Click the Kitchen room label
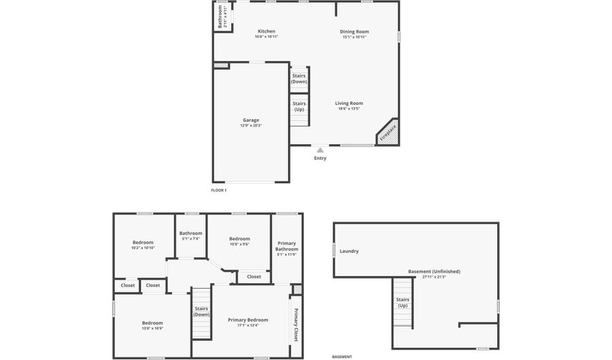tap(267, 31)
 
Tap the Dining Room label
tap(354, 31)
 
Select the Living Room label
tap(349, 103)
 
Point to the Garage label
tap(251, 120)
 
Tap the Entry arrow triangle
tap(320, 150)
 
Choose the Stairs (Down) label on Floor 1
tap(299, 79)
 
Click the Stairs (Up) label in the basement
tap(403, 302)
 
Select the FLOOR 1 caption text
tap(219, 191)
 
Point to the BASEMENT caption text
tap(342, 357)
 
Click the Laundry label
tap(349, 251)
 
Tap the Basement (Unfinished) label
tap(434, 272)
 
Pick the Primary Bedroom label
tap(248, 320)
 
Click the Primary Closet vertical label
tap(296, 325)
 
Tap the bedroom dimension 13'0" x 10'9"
tap(152, 329)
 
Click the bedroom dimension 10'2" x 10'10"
tap(143, 248)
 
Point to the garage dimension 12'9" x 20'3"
tap(251, 126)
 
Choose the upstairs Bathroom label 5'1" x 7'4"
tap(191, 233)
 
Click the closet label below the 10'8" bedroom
tap(254, 277)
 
